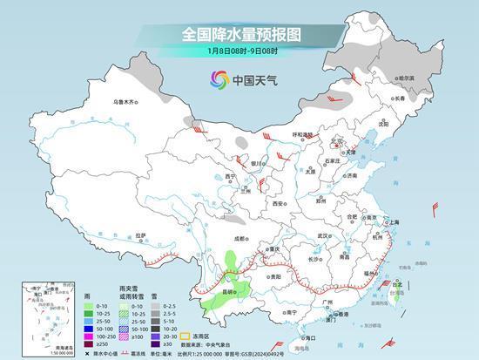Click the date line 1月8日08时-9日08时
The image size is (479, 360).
pos(239,51)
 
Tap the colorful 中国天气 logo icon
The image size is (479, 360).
pos(219,80)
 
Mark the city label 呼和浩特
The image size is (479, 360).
pos(302,134)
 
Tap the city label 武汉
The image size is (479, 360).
pos(327,235)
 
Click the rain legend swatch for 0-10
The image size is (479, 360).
pos(90,306)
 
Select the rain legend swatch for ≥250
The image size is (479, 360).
pos(90,343)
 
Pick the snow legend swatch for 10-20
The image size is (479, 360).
pos(154,328)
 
